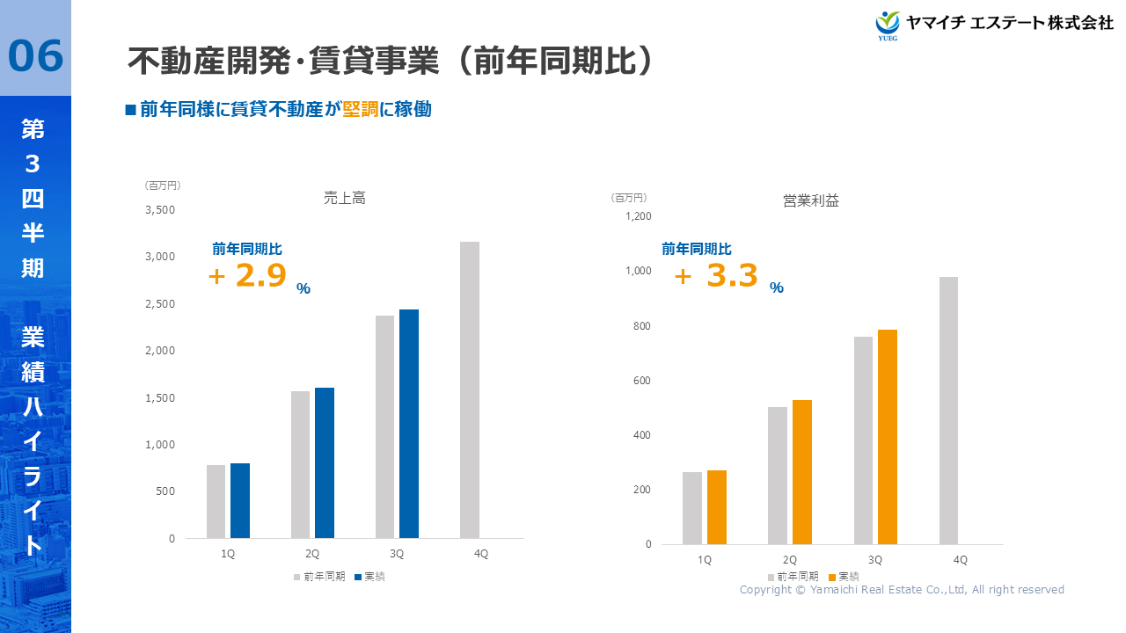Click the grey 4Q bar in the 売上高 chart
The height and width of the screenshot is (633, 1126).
click(470, 389)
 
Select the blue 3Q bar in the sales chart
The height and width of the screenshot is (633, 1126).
click(409, 424)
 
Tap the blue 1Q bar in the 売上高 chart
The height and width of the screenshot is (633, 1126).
click(240, 500)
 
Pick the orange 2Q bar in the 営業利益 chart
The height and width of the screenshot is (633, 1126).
click(802, 472)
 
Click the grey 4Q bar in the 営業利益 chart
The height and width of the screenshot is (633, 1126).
click(948, 411)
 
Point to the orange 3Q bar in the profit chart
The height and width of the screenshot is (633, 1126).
click(887, 437)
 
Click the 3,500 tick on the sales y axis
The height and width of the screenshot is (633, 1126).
click(160, 210)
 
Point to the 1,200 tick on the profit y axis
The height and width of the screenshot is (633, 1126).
click(638, 216)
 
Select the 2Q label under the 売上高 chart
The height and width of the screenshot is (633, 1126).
click(312, 554)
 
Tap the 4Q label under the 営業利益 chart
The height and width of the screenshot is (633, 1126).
click(960, 560)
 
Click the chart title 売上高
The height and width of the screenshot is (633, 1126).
click(345, 199)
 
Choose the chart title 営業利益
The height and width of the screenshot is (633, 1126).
click(811, 201)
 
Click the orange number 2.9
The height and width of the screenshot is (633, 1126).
click(261, 276)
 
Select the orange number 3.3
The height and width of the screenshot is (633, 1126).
click(732, 276)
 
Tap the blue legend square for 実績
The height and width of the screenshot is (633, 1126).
click(358, 578)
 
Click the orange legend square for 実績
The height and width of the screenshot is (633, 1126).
click(832, 578)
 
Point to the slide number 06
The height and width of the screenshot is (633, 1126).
click(36, 56)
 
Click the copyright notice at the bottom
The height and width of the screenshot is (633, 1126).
click(902, 590)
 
